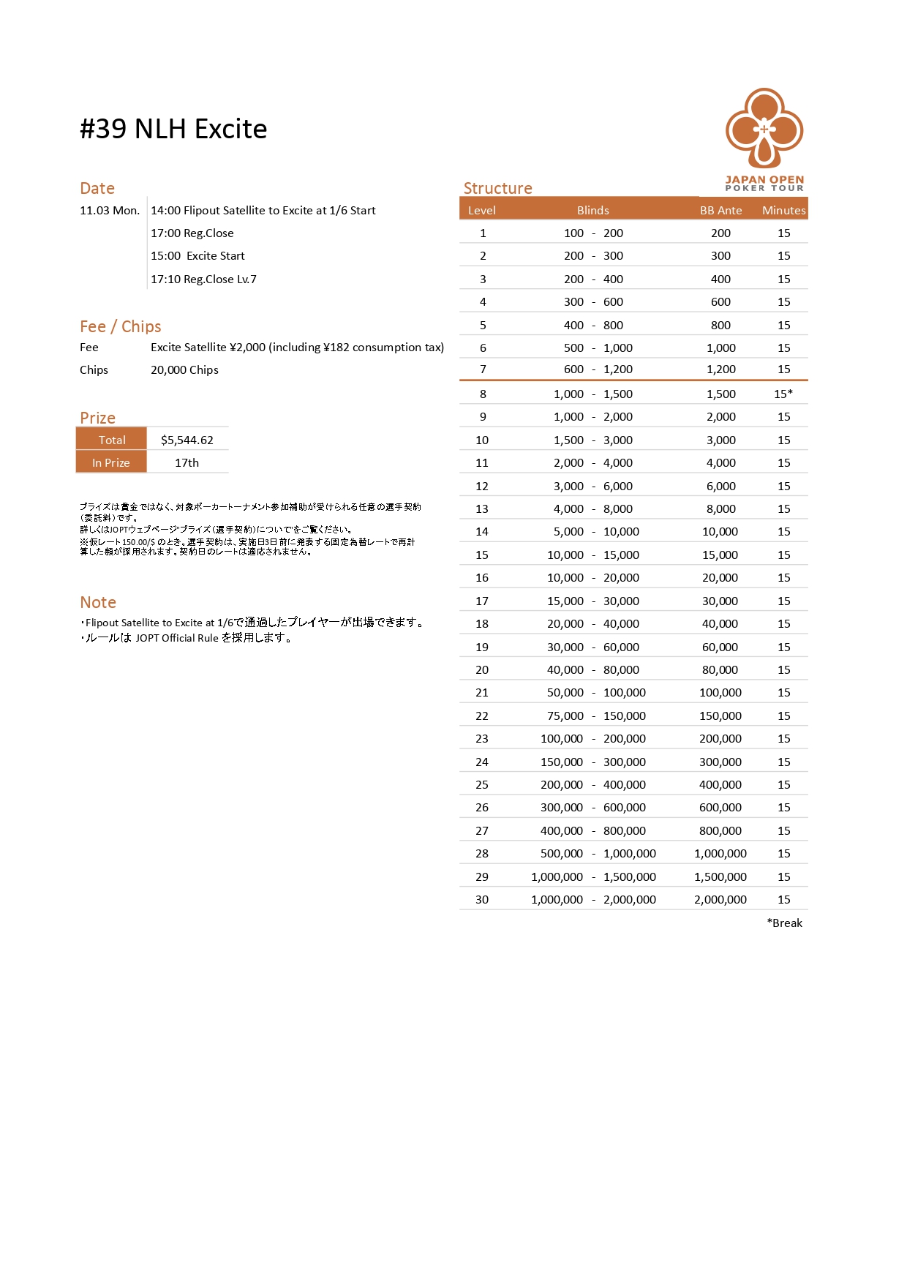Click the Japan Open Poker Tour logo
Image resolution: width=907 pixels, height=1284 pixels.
click(764, 139)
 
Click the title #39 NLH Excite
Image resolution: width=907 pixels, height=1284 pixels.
click(173, 129)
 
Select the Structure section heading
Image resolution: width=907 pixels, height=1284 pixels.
click(497, 188)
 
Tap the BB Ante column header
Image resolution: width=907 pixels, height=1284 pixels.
click(720, 210)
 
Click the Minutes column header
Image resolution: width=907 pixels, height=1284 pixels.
click(783, 210)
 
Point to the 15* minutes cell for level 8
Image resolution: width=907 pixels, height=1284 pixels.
click(783, 394)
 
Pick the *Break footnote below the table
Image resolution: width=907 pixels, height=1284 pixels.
click(784, 923)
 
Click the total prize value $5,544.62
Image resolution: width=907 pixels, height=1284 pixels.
click(187, 440)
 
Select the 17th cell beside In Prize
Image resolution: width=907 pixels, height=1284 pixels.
click(187, 462)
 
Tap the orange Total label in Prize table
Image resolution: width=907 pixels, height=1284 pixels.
click(112, 440)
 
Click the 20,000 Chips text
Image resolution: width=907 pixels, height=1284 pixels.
click(184, 369)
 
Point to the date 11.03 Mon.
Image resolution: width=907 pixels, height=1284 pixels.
click(110, 210)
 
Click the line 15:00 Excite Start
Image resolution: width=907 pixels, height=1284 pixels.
click(197, 255)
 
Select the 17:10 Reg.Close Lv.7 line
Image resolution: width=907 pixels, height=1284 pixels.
click(203, 279)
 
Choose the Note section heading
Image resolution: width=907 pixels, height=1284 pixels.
click(98, 602)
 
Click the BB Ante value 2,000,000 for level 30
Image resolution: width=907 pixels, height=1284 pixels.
click(720, 899)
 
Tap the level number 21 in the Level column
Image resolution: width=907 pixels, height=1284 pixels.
click(482, 692)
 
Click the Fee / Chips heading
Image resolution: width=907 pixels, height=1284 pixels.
click(121, 326)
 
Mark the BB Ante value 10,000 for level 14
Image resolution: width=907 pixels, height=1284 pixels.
click(720, 531)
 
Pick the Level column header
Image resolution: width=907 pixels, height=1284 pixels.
click(482, 210)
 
